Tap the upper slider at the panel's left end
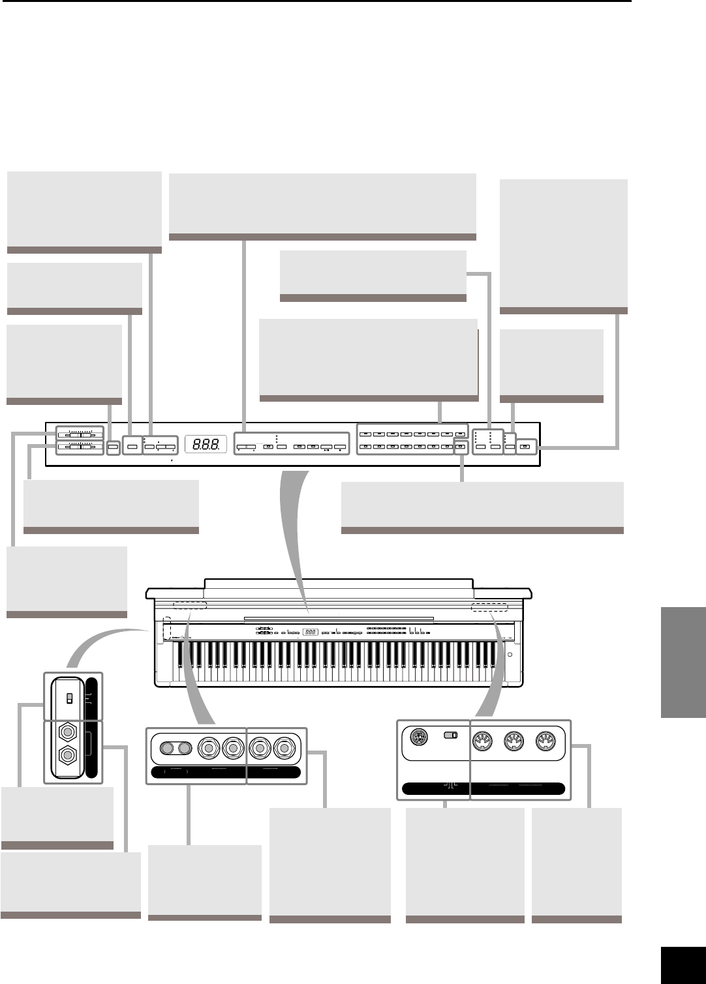[x=79, y=433]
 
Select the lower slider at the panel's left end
[x=79, y=447]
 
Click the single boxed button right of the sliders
[x=113, y=447]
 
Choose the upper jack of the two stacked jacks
[x=65, y=732]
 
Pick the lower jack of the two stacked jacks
[x=65, y=757]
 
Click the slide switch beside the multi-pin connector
[x=450, y=736]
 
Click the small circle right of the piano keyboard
[x=510, y=654]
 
